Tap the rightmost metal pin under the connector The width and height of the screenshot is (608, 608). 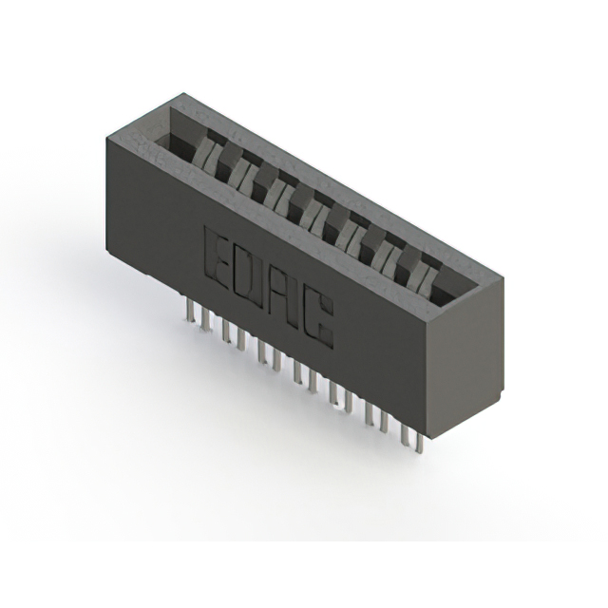coord(418,443)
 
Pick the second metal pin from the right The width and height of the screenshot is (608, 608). coord(404,433)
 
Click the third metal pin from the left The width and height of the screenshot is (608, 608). coord(225,331)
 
